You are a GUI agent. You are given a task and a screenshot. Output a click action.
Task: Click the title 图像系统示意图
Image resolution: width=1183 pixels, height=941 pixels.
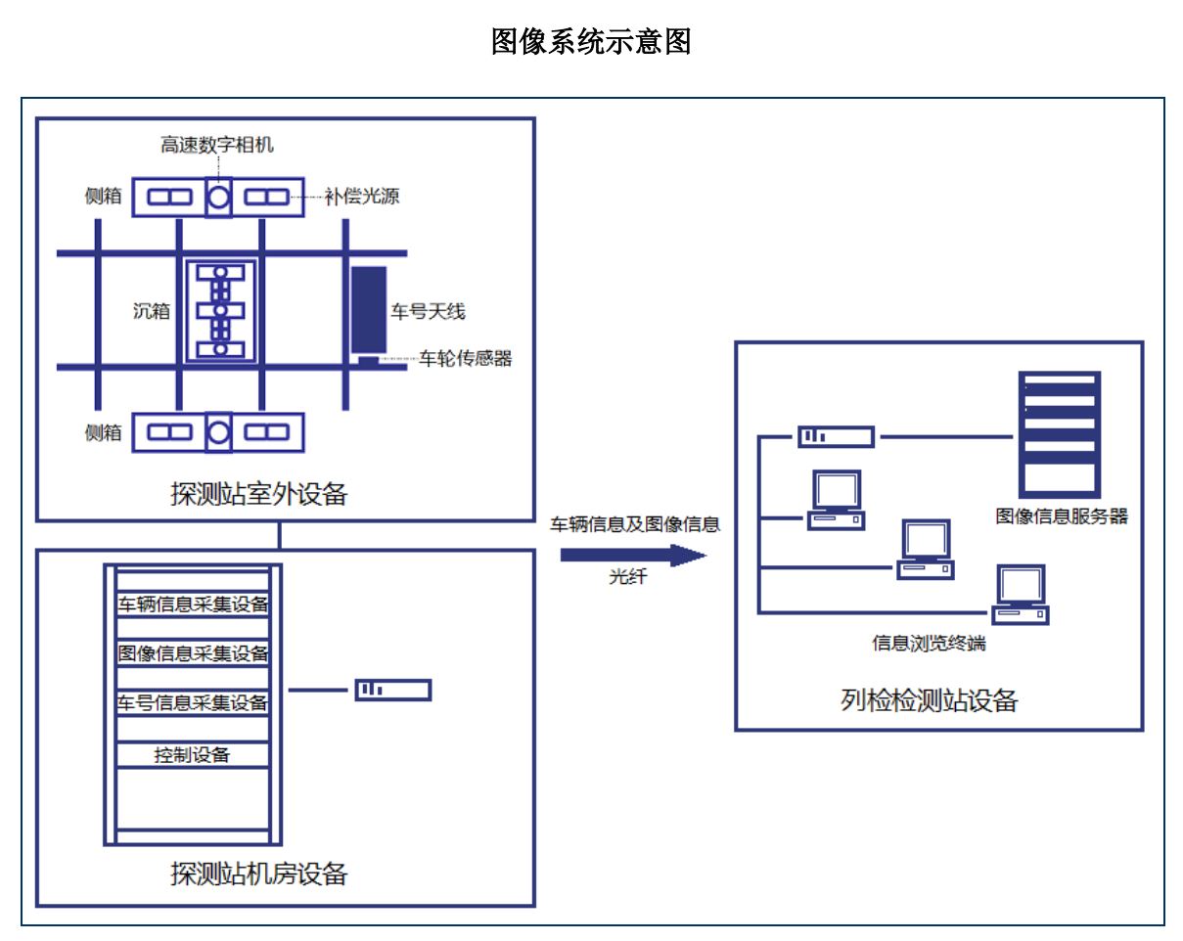(x=591, y=41)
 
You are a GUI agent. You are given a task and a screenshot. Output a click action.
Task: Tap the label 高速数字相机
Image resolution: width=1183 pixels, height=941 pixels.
(x=217, y=146)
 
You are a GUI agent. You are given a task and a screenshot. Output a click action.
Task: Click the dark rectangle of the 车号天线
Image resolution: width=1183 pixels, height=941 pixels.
(x=369, y=309)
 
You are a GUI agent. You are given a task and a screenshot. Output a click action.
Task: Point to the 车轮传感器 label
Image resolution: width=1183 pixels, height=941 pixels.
(x=466, y=359)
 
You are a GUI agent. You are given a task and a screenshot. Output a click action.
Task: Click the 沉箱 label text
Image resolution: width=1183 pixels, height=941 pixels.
(x=152, y=312)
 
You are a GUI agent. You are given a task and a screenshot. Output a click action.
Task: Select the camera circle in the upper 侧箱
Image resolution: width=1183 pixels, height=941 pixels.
(x=218, y=198)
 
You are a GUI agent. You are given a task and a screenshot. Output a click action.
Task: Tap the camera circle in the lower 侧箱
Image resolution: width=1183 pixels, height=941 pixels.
(x=218, y=431)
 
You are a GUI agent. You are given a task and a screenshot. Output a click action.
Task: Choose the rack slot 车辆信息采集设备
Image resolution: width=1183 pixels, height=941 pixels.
(x=193, y=604)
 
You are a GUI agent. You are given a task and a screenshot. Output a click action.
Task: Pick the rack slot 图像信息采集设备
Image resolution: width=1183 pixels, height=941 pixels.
(x=193, y=653)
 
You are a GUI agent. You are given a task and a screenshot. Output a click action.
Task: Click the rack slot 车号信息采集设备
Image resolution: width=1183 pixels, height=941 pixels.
(x=193, y=703)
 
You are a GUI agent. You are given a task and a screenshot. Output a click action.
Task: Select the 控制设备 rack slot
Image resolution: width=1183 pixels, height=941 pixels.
(x=193, y=755)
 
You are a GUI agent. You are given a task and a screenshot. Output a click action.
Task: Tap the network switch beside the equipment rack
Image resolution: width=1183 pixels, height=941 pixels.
(x=392, y=691)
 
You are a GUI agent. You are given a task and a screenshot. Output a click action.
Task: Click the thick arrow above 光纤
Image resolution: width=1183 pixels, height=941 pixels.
(x=632, y=556)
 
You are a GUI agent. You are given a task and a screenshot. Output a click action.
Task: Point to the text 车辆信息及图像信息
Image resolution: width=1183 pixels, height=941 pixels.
(x=635, y=524)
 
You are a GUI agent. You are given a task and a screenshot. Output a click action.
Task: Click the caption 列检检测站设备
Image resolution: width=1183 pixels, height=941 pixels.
(x=929, y=700)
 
